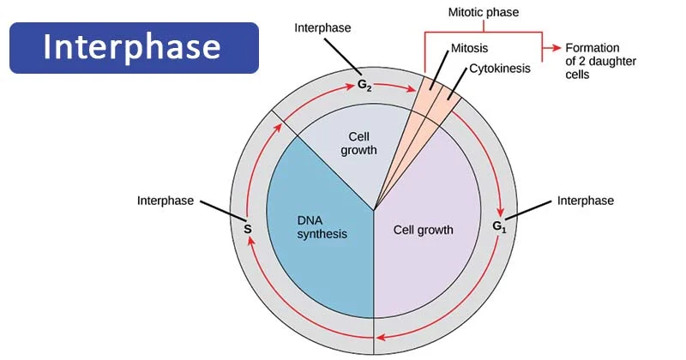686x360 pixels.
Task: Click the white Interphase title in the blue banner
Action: (133, 47)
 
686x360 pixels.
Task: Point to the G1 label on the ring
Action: (500, 227)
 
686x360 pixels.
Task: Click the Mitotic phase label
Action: (483, 13)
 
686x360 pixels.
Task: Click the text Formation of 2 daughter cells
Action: (590, 61)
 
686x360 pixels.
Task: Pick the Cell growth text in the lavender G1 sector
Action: (423, 230)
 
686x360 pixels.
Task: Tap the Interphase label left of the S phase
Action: (165, 201)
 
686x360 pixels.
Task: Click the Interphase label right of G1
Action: (586, 201)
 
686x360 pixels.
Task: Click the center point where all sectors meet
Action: (373, 210)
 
